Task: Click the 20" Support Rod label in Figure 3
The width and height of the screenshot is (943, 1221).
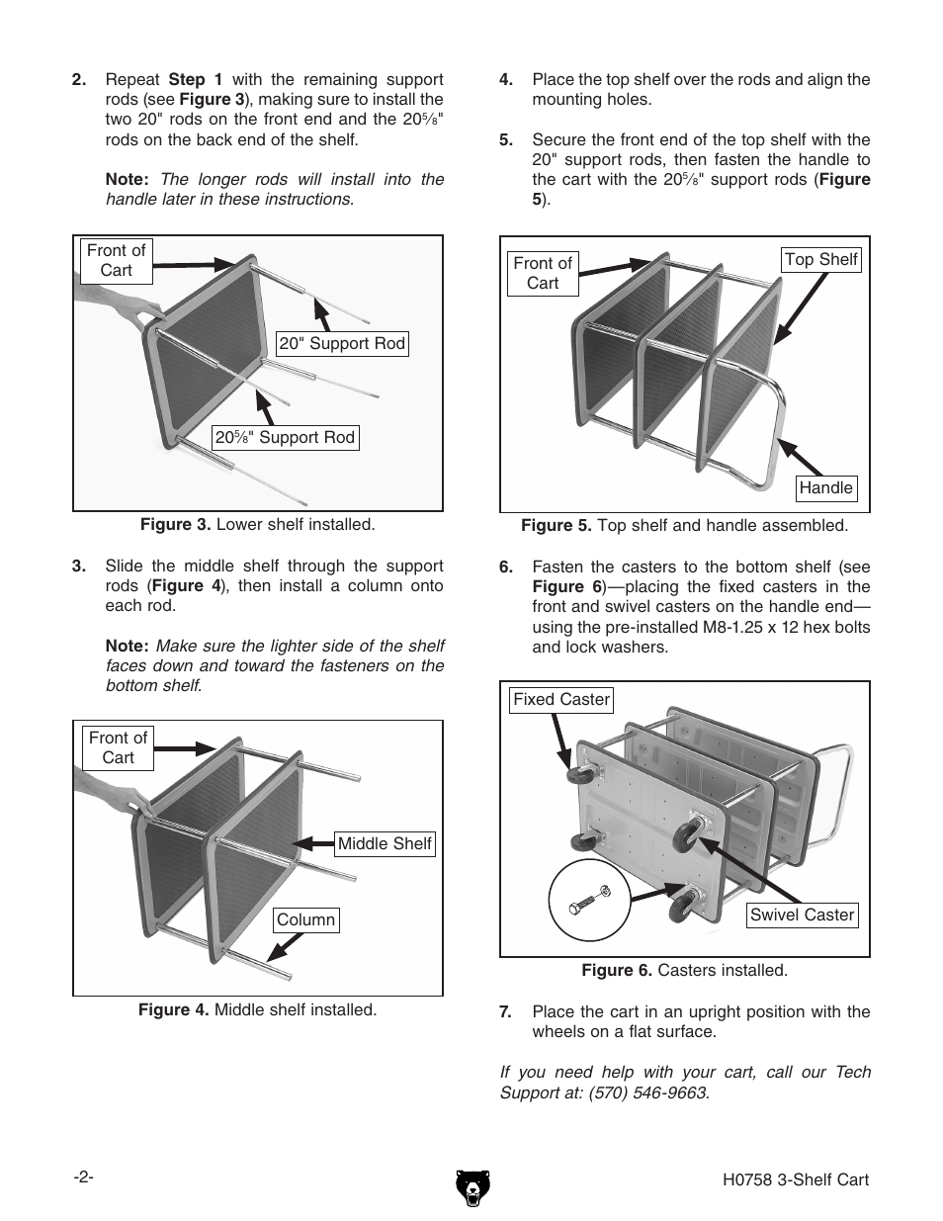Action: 342,344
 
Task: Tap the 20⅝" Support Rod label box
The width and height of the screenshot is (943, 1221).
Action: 285,438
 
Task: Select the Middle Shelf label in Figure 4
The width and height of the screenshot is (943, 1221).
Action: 385,844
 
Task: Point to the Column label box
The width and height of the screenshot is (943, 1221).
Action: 305,920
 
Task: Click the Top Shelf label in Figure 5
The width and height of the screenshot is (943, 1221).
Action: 820,260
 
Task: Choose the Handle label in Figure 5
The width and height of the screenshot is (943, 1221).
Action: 825,488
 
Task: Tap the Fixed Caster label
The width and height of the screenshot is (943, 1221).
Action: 561,700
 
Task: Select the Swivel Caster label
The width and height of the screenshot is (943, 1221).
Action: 802,916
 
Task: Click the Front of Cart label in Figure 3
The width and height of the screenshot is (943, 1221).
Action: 116,261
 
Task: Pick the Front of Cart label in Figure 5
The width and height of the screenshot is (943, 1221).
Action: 543,274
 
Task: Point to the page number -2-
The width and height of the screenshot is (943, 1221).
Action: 83,1177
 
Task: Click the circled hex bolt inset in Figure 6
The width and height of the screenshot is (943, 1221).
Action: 589,901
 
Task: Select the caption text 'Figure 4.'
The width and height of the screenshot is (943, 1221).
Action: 174,1010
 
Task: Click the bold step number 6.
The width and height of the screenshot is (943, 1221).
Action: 506,567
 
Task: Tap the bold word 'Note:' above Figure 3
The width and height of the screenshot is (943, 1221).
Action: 127,180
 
